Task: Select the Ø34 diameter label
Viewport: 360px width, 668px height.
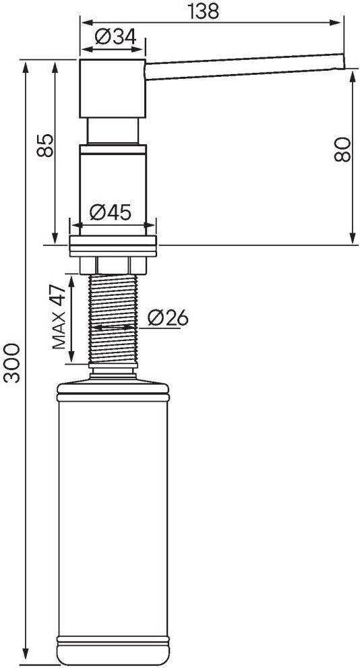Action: pyautogui.click(x=115, y=37)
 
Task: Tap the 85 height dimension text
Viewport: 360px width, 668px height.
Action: pyautogui.click(x=46, y=146)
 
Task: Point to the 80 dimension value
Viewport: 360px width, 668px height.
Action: pyautogui.click(x=342, y=150)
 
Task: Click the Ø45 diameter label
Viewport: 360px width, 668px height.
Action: pyautogui.click(x=111, y=212)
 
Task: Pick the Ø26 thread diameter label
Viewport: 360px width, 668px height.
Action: pyautogui.click(x=167, y=317)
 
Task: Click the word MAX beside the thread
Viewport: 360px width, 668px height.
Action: pyautogui.click(x=59, y=330)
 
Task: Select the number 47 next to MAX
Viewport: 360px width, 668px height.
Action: pyautogui.click(x=59, y=295)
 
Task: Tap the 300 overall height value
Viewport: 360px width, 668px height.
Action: pyautogui.click(x=11, y=363)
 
